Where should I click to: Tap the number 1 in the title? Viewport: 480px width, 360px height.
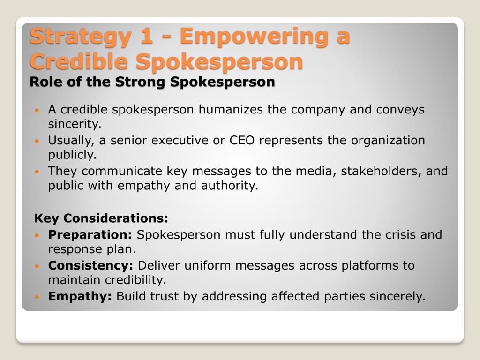tap(146, 36)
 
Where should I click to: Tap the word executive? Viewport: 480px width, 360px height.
tap(180, 140)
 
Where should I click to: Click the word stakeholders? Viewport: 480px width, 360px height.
tap(377, 171)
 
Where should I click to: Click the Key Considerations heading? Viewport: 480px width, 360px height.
tap(101, 218)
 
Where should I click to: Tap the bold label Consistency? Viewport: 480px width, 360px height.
tap(90, 266)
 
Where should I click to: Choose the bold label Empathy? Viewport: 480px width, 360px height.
tap(80, 297)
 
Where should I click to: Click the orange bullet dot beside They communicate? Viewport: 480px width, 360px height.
tap(37, 172)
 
